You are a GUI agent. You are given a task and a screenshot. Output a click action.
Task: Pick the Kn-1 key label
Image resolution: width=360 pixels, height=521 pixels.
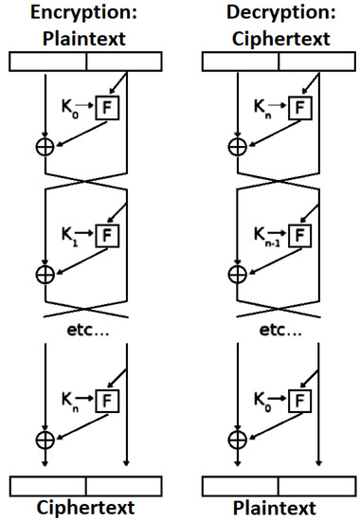coord(268,231)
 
